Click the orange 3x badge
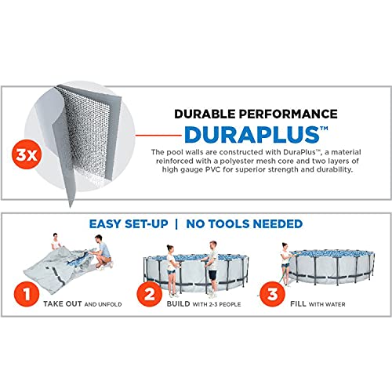(27, 154)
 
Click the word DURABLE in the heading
(205, 114)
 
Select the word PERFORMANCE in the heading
(288, 114)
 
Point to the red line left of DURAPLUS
(158, 135)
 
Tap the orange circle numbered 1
(27, 294)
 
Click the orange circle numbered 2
(150, 294)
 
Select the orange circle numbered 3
(272, 294)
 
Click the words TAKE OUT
(63, 304)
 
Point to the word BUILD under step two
(179, 304)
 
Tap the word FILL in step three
(298, 304)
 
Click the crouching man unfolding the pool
(103, 252)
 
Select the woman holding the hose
(285, 264)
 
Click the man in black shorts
(212, 269)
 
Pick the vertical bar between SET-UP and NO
(176, 224)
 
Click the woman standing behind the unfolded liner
(56, 241)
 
